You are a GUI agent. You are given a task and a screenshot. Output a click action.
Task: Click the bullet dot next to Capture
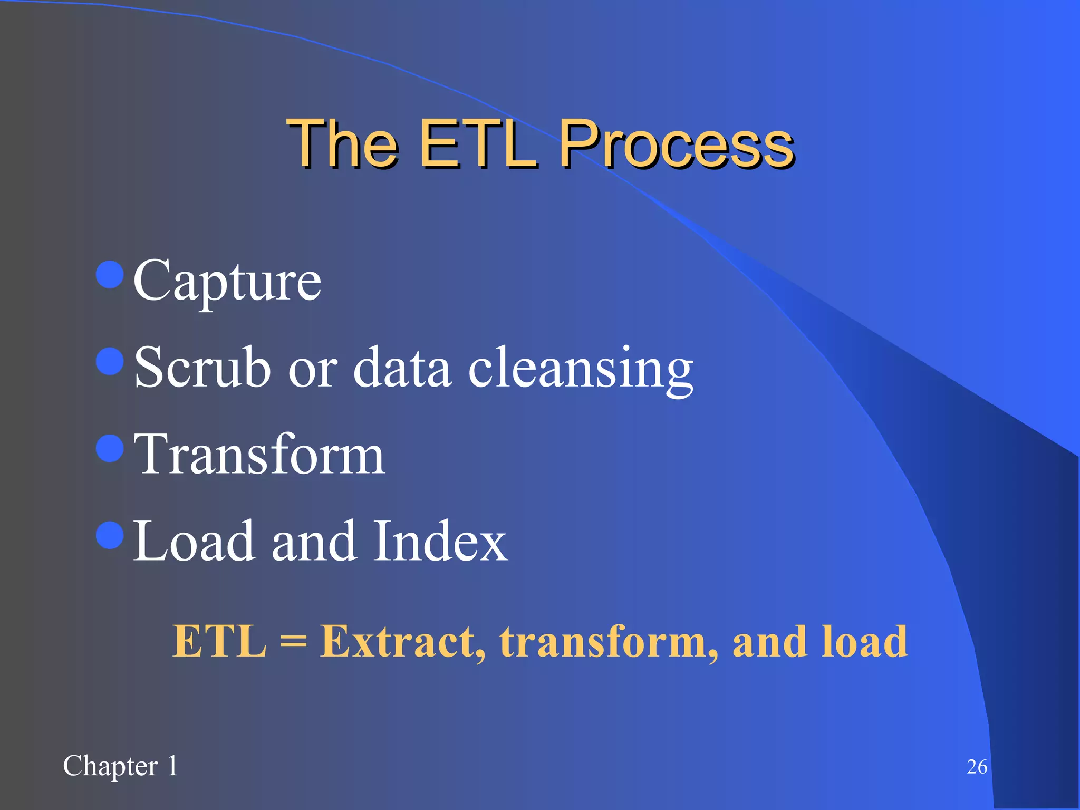tap(110, 275)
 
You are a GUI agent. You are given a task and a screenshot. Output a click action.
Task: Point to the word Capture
tap(227, 282)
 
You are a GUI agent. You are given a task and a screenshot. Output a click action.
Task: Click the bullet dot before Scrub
tap(110, 362)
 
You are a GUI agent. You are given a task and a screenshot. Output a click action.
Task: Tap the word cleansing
tap(580, 369)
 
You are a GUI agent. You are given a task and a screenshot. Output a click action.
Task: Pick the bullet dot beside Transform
tap(110, 448)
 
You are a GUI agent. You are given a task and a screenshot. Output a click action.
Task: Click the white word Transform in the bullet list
tap(259, 455)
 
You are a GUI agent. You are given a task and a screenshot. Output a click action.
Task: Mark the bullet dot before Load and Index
tap(110, 535)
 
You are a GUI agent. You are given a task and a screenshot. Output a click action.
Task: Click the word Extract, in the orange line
tap(403, 642)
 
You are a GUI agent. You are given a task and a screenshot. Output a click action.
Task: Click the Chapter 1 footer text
tap(120, 766)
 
